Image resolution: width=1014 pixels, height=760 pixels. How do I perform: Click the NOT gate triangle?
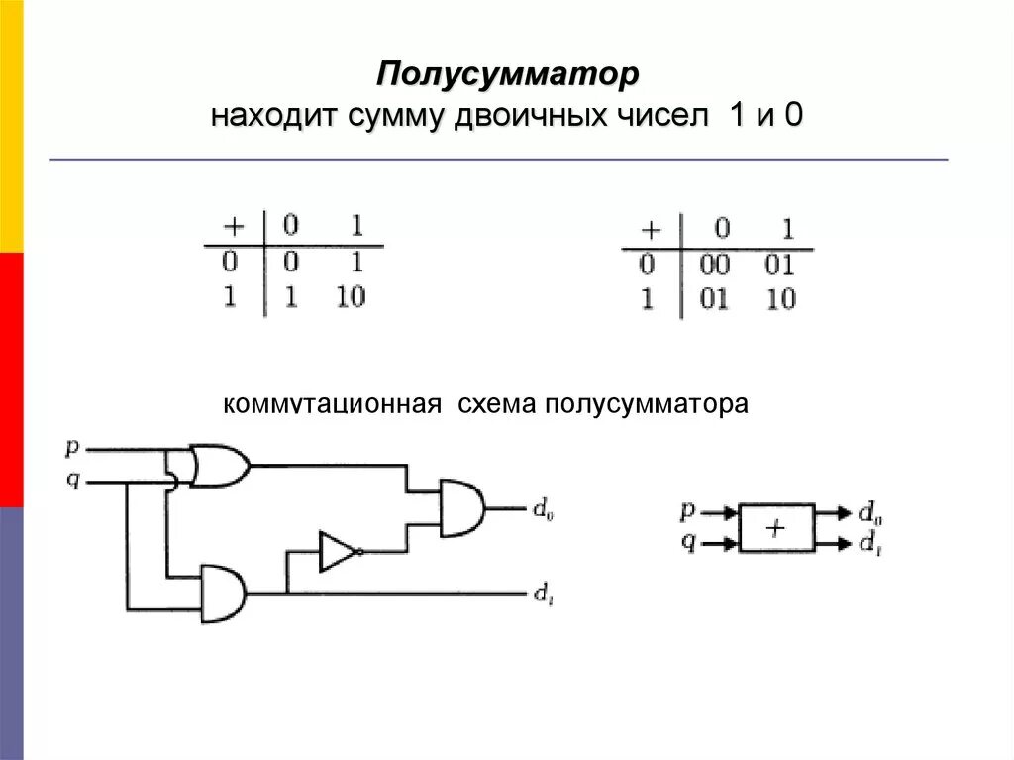click(x=338, y=552)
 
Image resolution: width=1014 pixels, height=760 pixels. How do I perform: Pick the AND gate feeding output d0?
click(x=461, y=508)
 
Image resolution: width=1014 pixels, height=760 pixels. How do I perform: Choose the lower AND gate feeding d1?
click(x=223, y=593)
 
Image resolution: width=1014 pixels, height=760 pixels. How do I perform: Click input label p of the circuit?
click(x=71, y=447)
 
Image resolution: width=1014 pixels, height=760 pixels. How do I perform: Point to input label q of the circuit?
click(x=71, y=482)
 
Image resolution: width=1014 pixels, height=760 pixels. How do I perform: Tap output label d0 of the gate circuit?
click(x=543, y=510)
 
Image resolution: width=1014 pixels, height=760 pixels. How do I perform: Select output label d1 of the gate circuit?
click(x=543, y=595)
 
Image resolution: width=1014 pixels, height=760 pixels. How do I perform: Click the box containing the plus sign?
click(x=776, y=528)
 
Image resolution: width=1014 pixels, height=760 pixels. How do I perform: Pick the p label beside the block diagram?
click(x=688, y=511)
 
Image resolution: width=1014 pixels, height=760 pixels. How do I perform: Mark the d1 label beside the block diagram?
click(x=870, y=542)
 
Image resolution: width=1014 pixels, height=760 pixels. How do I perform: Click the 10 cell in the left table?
click(x=350, y=296)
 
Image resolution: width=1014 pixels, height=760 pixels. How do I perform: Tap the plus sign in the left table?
click(x=229, y=226)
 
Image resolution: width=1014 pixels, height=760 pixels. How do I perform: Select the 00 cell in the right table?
click(x=714, y=265)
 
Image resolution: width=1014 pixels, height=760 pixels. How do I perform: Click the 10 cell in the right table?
click(x=781, y=299)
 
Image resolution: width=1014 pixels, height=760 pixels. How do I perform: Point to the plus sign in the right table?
click(x=650, y=230)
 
